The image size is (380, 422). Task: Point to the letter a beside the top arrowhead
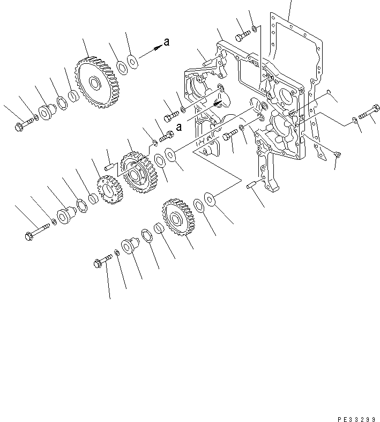pyautogui.click(x=167, y=42)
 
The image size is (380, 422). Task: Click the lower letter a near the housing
pyautogui.click(x=179, y=127)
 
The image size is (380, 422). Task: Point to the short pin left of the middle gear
pyautogui.click(x=109, y=167)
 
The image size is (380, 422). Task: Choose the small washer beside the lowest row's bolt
pyautogui.click(x=117, y=253)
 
